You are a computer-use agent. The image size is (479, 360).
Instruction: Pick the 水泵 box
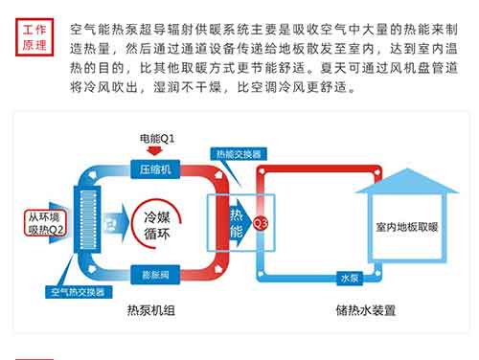click(351, 278)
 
